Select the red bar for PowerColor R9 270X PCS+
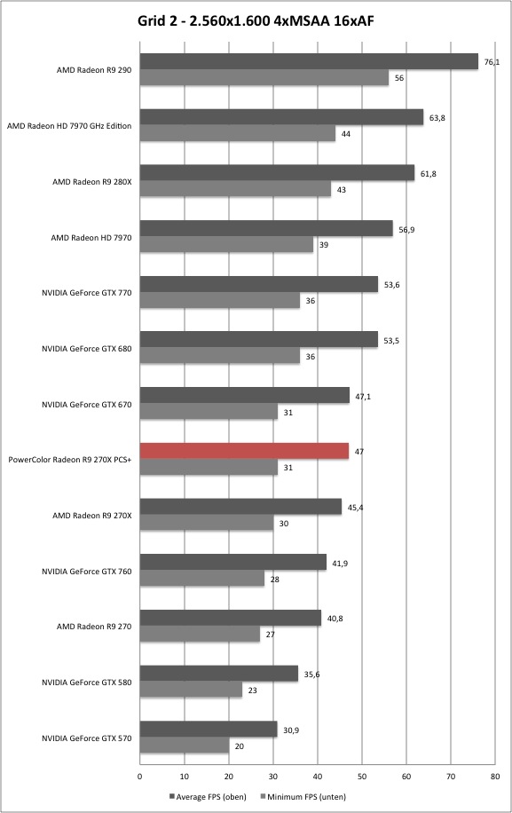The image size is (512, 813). (244, 451)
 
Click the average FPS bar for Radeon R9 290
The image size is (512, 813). (309, 61)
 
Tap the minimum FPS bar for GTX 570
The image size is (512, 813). (185, 746)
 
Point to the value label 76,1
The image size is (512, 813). (492, 62)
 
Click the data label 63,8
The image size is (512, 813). (437, 118)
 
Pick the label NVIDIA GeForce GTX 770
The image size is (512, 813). (87, 293)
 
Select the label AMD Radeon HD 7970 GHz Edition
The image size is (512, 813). (69, 126)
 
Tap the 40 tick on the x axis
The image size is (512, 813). (318, 777)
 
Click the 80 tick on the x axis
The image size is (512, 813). (495, 777)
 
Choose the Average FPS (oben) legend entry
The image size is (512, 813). (208, 796)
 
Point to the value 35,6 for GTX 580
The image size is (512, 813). (311, 675)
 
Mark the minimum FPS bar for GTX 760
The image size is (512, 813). (202, 579)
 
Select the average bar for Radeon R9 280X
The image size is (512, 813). (277, 173)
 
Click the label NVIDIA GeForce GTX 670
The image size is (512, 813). (87, 405)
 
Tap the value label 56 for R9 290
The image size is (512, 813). (399, 78)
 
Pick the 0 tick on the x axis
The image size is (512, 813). (140, 777)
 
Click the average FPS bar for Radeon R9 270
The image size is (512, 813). (231, 618)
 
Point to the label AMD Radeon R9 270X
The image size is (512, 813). (92, 516)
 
